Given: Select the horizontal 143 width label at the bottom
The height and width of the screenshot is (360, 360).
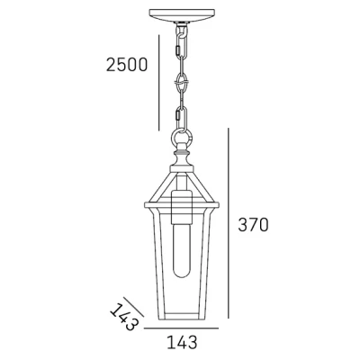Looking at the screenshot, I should click(180, 341).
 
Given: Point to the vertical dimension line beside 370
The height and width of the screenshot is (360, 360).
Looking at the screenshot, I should click(231, 225).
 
